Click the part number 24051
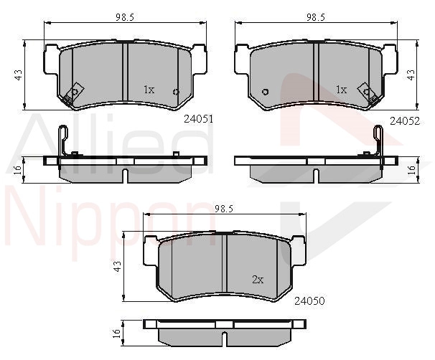tap(199, 119)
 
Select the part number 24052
tap(405, 121)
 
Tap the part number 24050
tap(309, 300)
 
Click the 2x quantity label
tap(258, 280)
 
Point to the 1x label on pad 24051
tap(149, 90)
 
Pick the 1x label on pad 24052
tap(342, 90)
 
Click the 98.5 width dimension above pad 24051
tap(125, 17)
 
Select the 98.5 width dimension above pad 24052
tap(315, 17)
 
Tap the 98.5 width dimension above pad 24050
tap(224, 209)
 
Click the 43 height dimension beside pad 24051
tap(19, 75)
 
